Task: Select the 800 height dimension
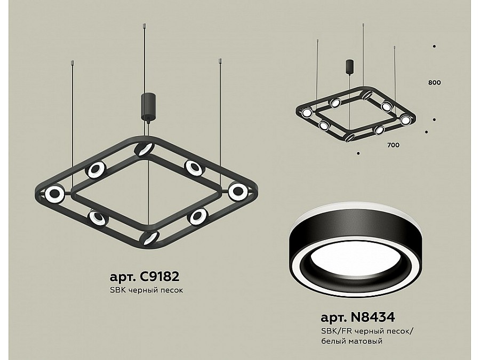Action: [x=434, y=83]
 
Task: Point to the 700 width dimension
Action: [x=394, y=145]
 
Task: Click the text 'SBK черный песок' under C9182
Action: [x=146, y=290]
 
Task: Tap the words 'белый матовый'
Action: [x=352, y=341]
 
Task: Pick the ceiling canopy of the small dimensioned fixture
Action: [x=349, y=67]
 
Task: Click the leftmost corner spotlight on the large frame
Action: [x=54, y=194]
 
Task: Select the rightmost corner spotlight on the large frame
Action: [x=237, y=191]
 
